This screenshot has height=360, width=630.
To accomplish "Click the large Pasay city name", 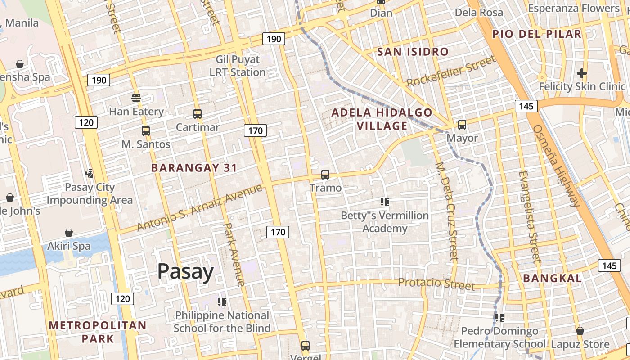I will [x=185, y=272].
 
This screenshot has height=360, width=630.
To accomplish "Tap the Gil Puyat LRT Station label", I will [x=238, y=66].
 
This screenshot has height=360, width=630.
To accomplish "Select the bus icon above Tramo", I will [x=325, y=175].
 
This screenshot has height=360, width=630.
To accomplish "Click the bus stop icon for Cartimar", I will [x=198, y=114].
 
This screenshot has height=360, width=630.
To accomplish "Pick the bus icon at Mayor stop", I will [x=462, y=125].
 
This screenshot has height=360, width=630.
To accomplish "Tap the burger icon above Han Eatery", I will [x=136, y=98].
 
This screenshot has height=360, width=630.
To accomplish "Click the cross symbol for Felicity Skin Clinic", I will [x=582, y=73].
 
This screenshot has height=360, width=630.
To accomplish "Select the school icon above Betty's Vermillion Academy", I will [x=384, y=202].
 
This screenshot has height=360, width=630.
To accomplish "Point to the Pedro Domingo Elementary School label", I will [x=499, y=337].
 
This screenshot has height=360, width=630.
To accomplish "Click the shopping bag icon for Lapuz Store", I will [x=580, y=331].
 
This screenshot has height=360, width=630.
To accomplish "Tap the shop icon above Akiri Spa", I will [x=69, y=233].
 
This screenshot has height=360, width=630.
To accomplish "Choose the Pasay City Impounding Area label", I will [x=90, y=193].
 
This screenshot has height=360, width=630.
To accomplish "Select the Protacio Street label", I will [x=436, y=283].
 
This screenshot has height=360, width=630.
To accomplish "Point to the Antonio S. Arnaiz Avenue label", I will [x=199, y=208].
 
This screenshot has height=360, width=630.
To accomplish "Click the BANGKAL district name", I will [x=552, y=278].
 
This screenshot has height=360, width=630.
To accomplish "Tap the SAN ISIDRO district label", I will [x=413, y=52].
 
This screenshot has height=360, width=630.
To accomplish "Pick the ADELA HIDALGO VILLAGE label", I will [x=382, y=119].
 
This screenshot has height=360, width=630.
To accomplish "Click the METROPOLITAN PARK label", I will [x=98, y=332].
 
